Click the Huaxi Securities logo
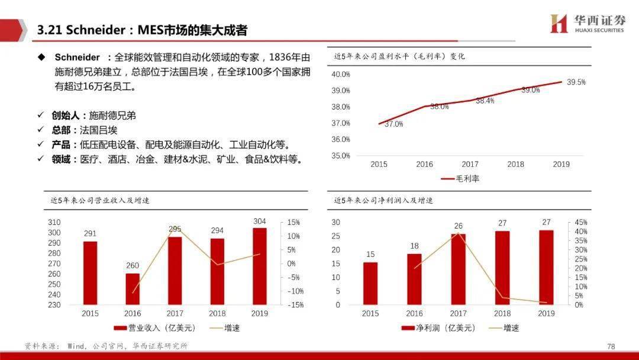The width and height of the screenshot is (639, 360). tap(587, 24)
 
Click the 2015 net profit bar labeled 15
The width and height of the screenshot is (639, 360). tap(370, 284)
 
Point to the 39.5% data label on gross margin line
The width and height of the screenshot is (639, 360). tap(576, 82)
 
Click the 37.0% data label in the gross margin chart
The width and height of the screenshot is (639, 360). tap(393, 124)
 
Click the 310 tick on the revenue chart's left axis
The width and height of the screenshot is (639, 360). tap(54, 222)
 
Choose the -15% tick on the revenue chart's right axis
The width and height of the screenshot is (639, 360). tap(295, 305)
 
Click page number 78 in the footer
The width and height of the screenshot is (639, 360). tap(611, 346)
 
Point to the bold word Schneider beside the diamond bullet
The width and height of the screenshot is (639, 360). tap(78, 57)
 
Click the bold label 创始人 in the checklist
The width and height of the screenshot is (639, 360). tap(64, 115)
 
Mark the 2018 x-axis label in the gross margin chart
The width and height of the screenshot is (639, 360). tap(515, 164)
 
